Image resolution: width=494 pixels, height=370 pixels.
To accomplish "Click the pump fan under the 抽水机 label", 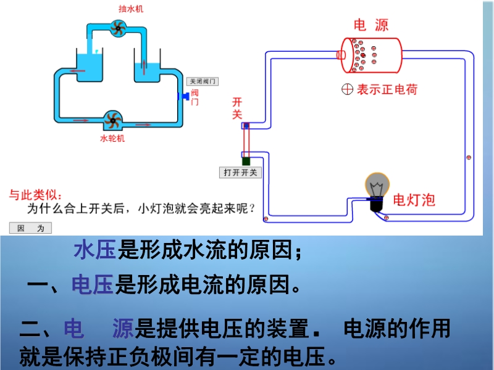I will click(117, 28).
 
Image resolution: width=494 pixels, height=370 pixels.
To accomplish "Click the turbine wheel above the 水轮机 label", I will click(112, 120).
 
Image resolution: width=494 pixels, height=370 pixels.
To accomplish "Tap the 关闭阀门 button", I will click(203, 81).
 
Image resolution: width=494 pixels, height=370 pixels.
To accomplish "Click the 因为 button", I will click(31, 228).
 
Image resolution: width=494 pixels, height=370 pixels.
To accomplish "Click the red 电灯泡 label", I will click(414, 199).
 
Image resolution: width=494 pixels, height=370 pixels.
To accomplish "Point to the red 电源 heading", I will click(371, 25).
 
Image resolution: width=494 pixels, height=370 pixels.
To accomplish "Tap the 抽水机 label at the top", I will click(129, 9).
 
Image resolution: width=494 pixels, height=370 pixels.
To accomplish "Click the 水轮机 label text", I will click(112, 138).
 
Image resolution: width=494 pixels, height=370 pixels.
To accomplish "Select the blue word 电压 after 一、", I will click(93, 285).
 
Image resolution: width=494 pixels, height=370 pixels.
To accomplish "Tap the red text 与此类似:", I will click(31, 194).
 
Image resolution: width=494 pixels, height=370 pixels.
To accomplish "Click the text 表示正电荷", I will click(387, 89).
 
